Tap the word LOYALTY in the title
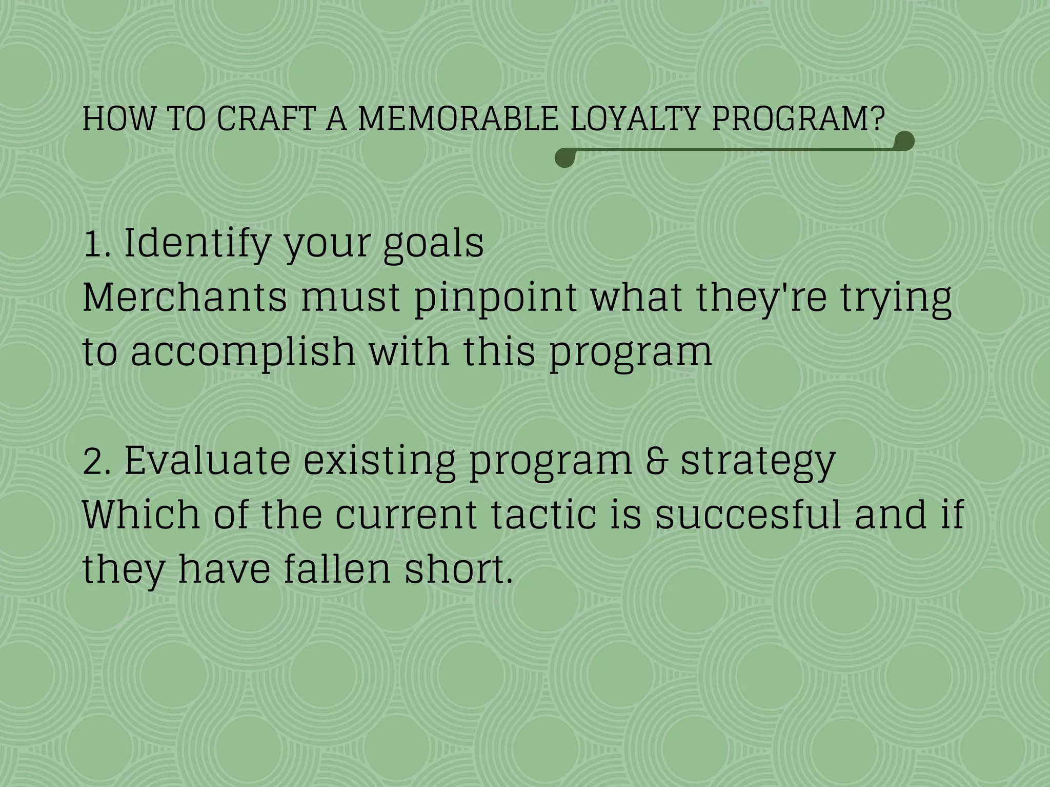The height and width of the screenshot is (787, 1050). coord(635,119)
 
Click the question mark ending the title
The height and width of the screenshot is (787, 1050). coord(878,119)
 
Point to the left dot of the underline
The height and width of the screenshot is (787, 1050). coord(564,158)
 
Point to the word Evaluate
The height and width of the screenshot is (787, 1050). coord(207,460)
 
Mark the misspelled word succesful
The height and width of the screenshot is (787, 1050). coord(748,515)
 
